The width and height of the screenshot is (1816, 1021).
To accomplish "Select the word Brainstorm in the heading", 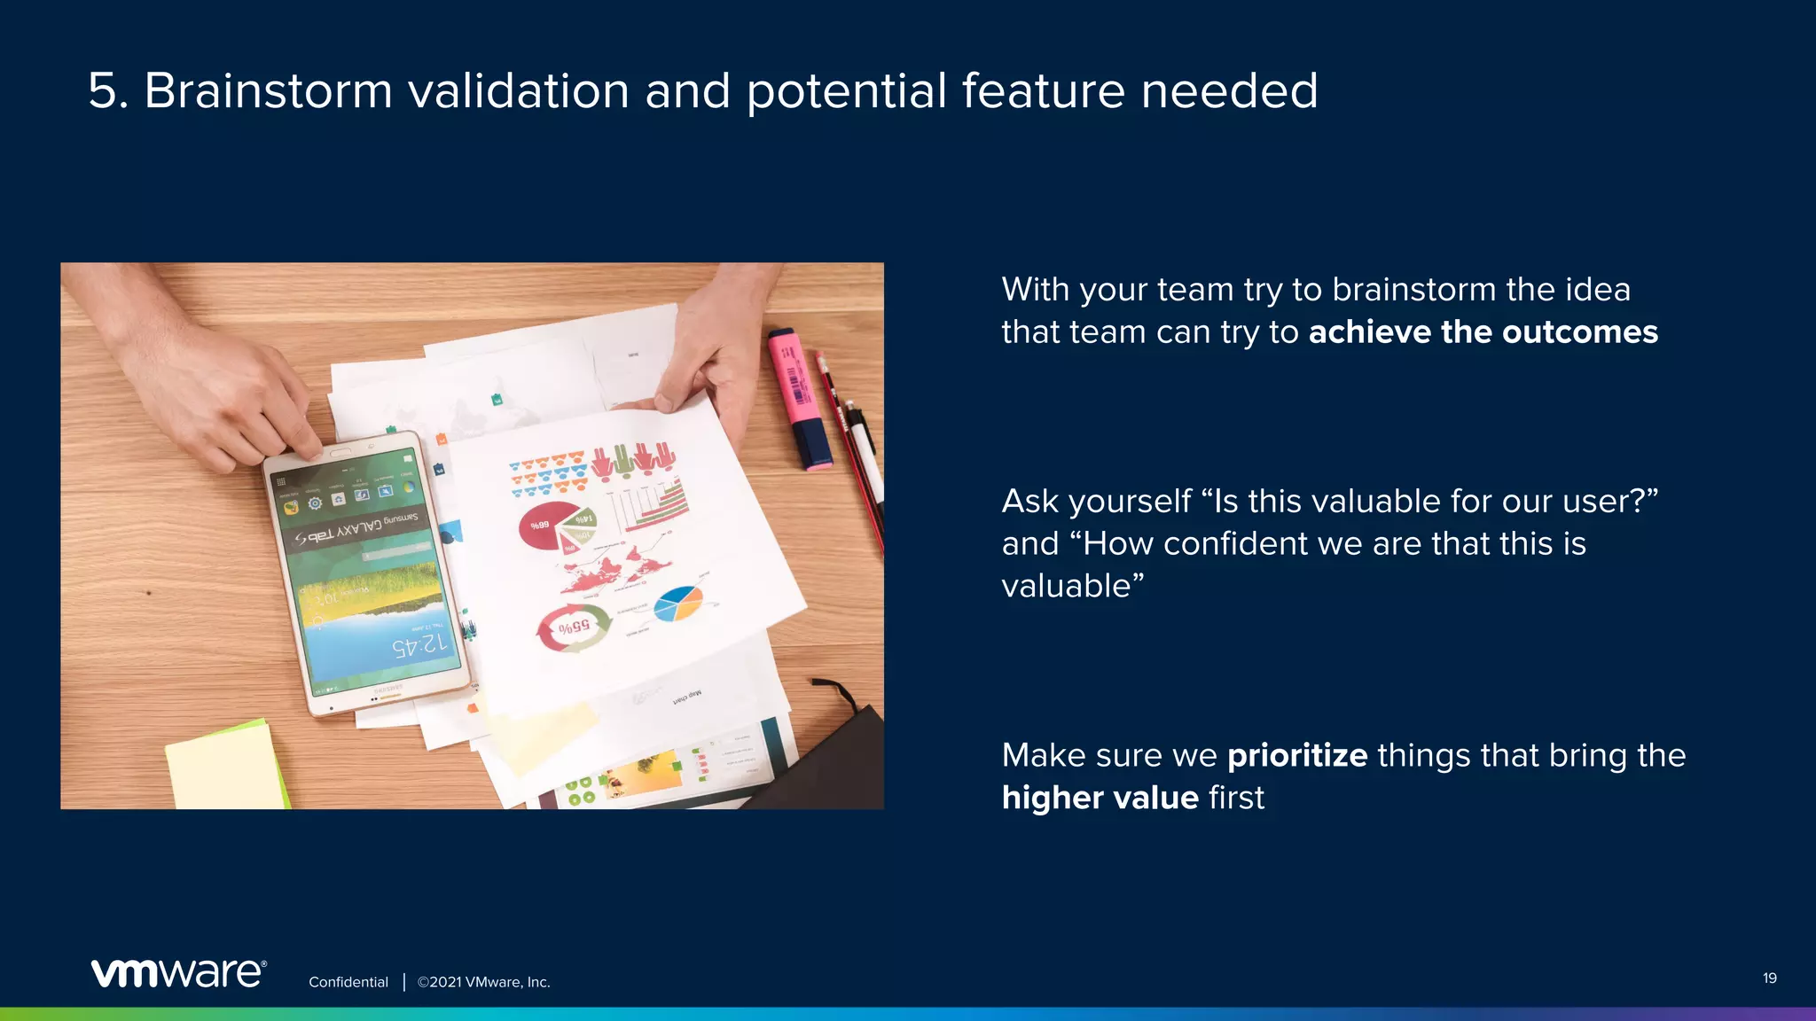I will (268, 91).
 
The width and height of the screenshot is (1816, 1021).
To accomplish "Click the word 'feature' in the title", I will (1043, 91).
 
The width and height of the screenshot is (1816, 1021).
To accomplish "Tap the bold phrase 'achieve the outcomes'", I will (1483, 332).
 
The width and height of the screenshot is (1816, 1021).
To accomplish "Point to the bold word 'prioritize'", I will (1296, 755).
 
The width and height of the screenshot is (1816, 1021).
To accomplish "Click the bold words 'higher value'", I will (1100, 798).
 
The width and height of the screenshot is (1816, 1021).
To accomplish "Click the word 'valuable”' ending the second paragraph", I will (1072, 586).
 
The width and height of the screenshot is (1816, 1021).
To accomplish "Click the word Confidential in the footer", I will (348, 982).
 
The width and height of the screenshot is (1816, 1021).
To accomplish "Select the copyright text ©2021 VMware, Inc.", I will (483, 982).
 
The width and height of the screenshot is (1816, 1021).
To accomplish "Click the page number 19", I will (1769, 978).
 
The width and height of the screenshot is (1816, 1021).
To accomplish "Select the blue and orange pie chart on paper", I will (677, 604).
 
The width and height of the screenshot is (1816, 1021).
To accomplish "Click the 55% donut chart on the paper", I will (574, 627).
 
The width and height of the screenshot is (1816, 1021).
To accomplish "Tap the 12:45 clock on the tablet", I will (420, 644).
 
